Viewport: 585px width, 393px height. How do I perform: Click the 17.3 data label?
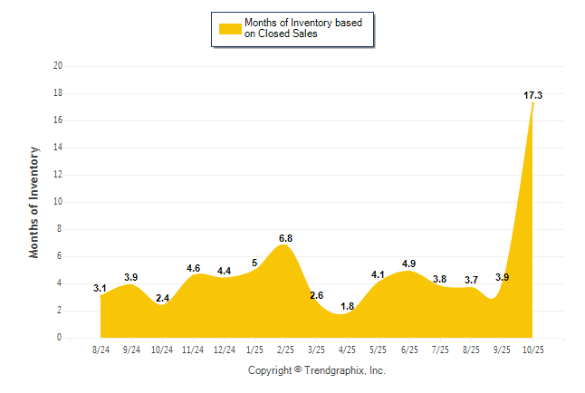pos(532,95)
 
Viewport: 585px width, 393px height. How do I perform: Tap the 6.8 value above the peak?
pos(285,238)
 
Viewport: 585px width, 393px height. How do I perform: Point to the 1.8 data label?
pos(347,306)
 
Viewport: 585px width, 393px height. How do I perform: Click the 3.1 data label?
pos(100,288)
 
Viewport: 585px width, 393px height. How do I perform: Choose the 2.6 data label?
pos(316,295)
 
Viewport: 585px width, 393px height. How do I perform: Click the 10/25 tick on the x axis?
pos(532,349)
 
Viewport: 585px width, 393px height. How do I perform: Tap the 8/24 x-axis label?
pos(101,349)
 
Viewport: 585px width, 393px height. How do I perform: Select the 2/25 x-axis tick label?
pos(285,349)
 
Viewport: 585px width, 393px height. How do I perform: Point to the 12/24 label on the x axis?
pos(224,349)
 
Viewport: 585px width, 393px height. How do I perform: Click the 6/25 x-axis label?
pos(408,349)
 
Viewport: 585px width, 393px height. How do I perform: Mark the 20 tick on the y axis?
pos(58,66)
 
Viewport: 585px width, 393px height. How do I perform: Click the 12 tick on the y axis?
pos(58,175)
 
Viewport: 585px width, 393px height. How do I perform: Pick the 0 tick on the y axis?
pos(60,338)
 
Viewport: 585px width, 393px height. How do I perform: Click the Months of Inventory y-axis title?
pos(34,202)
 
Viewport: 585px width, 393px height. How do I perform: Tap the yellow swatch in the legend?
pos(230,28)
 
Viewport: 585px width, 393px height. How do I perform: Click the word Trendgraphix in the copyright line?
pos(335,370)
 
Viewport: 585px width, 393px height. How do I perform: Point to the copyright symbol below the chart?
pos(298,369)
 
